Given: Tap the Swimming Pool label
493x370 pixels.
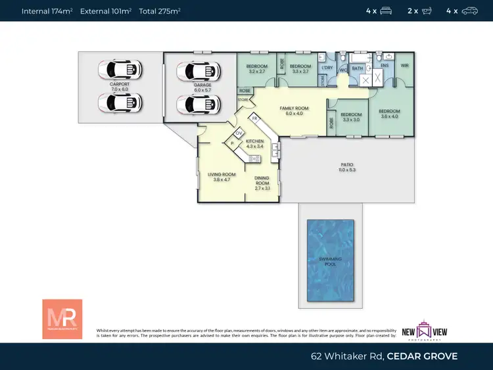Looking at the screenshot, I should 330,262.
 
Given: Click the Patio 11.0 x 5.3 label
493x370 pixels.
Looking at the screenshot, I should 346,167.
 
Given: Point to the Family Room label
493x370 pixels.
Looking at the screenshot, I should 294,110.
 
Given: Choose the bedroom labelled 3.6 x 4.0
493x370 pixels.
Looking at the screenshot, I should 388,114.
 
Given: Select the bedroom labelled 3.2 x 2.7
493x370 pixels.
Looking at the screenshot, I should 256,69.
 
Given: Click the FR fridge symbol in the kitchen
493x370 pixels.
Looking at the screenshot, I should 254,119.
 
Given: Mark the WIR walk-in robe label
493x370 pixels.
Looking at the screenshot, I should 404,66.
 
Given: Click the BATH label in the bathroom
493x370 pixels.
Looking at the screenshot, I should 358,68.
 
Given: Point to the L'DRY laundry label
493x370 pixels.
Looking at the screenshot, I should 327,68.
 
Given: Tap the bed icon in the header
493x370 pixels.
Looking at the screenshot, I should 386,11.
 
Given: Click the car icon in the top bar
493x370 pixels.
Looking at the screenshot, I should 469,11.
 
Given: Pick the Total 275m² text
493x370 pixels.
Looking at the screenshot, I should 160,11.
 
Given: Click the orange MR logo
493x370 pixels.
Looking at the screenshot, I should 62,319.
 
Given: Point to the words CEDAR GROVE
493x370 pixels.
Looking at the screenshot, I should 422,356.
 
